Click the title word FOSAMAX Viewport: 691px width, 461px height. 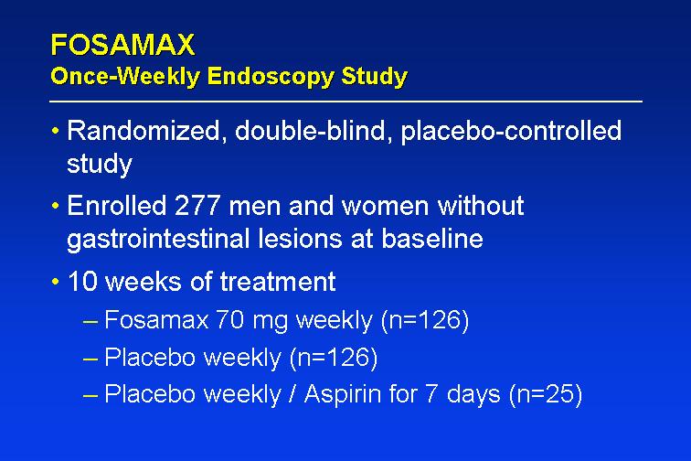(122, 45)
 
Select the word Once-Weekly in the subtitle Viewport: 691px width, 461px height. (125, 76)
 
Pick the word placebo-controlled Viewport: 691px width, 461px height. (511, 132)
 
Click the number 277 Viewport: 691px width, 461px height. (197, 206)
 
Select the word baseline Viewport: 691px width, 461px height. (432, 239)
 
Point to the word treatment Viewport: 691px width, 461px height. (278, 282)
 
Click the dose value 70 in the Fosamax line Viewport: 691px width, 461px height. (230, 320)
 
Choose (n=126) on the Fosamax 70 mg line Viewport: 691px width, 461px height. (425, 320)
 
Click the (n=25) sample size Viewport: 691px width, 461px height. (546, 394)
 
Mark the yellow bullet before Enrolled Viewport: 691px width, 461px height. (55, 206)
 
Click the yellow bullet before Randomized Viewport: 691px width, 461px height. (55, 131)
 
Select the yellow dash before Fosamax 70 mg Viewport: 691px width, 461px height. (90, 322)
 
